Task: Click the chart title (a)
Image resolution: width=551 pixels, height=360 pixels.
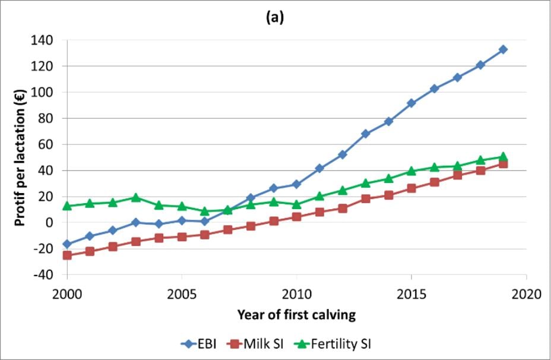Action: [275, 18]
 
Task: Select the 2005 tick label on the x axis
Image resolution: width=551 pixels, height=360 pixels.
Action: [182, 293]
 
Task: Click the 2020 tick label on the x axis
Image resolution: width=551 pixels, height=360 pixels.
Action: [526, 293]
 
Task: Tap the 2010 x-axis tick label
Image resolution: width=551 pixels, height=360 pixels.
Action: [296, 293]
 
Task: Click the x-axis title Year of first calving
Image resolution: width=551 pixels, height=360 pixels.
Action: [296, 315]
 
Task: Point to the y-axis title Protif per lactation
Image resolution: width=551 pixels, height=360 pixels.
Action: [19, 157]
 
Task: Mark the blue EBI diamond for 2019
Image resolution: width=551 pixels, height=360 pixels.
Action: [503, 49]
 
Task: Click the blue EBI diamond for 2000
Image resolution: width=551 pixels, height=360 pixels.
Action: [67, 244]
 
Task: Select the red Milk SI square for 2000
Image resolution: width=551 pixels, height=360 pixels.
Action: [67, 255]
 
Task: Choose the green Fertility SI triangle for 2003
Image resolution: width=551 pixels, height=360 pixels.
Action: [136, 197]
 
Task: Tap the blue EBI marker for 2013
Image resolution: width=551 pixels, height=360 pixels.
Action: [365, 134]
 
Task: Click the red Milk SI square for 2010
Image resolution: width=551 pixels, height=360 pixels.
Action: [296, 217]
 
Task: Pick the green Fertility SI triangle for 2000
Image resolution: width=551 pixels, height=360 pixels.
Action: [67, 206]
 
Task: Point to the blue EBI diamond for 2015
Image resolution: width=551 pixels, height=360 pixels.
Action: [411, 103]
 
